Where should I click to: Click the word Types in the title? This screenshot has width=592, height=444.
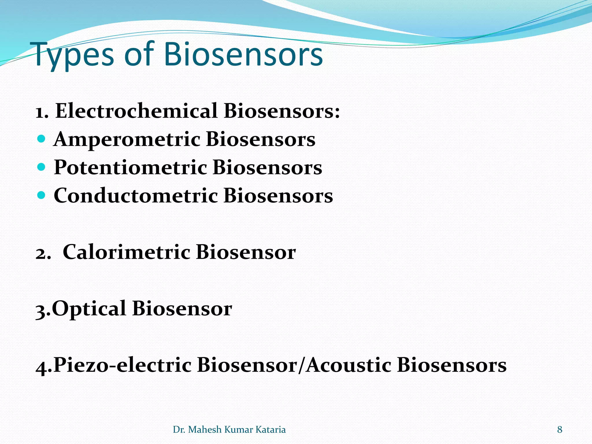74,55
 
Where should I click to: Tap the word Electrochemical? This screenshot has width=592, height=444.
136,111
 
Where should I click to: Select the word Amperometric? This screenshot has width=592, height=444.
127,139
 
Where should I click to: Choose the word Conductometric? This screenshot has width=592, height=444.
136,196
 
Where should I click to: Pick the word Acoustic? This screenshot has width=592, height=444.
349,365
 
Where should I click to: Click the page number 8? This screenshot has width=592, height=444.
560,430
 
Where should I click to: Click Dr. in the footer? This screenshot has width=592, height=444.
179,430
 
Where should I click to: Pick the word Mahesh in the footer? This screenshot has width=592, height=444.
205,430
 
